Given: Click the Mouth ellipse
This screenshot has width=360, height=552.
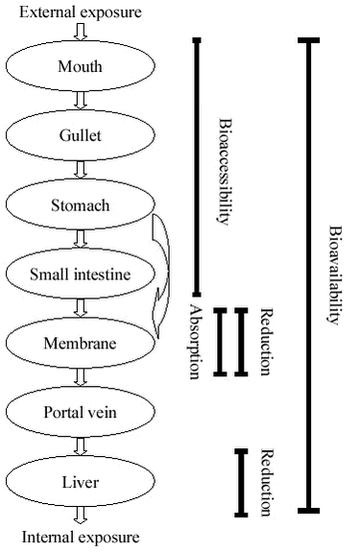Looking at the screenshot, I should click(x=81, y=67).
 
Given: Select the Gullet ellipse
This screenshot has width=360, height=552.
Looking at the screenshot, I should click(x=81, y=136).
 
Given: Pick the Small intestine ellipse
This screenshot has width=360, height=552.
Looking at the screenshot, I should click(x=81, y=275).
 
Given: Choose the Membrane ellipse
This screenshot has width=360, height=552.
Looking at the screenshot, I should click(x=81, y=343).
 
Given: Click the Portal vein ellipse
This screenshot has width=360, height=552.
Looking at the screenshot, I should click(x=81, y=411).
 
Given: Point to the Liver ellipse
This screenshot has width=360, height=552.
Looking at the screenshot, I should click(x=81, y=479).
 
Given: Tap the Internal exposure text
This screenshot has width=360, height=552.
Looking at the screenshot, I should click(x=81, y=537).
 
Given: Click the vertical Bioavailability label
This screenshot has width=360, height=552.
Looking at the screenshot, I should click(x=336, y=278).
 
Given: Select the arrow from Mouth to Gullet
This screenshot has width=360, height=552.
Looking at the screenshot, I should click(x=81, y=102).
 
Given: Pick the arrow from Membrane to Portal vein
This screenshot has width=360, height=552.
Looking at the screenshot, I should click(x=81, y=377).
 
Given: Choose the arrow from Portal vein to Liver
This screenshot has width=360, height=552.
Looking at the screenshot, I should click(x=81, y=445).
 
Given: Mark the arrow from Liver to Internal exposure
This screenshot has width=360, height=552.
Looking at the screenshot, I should click(x=81, y=516).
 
